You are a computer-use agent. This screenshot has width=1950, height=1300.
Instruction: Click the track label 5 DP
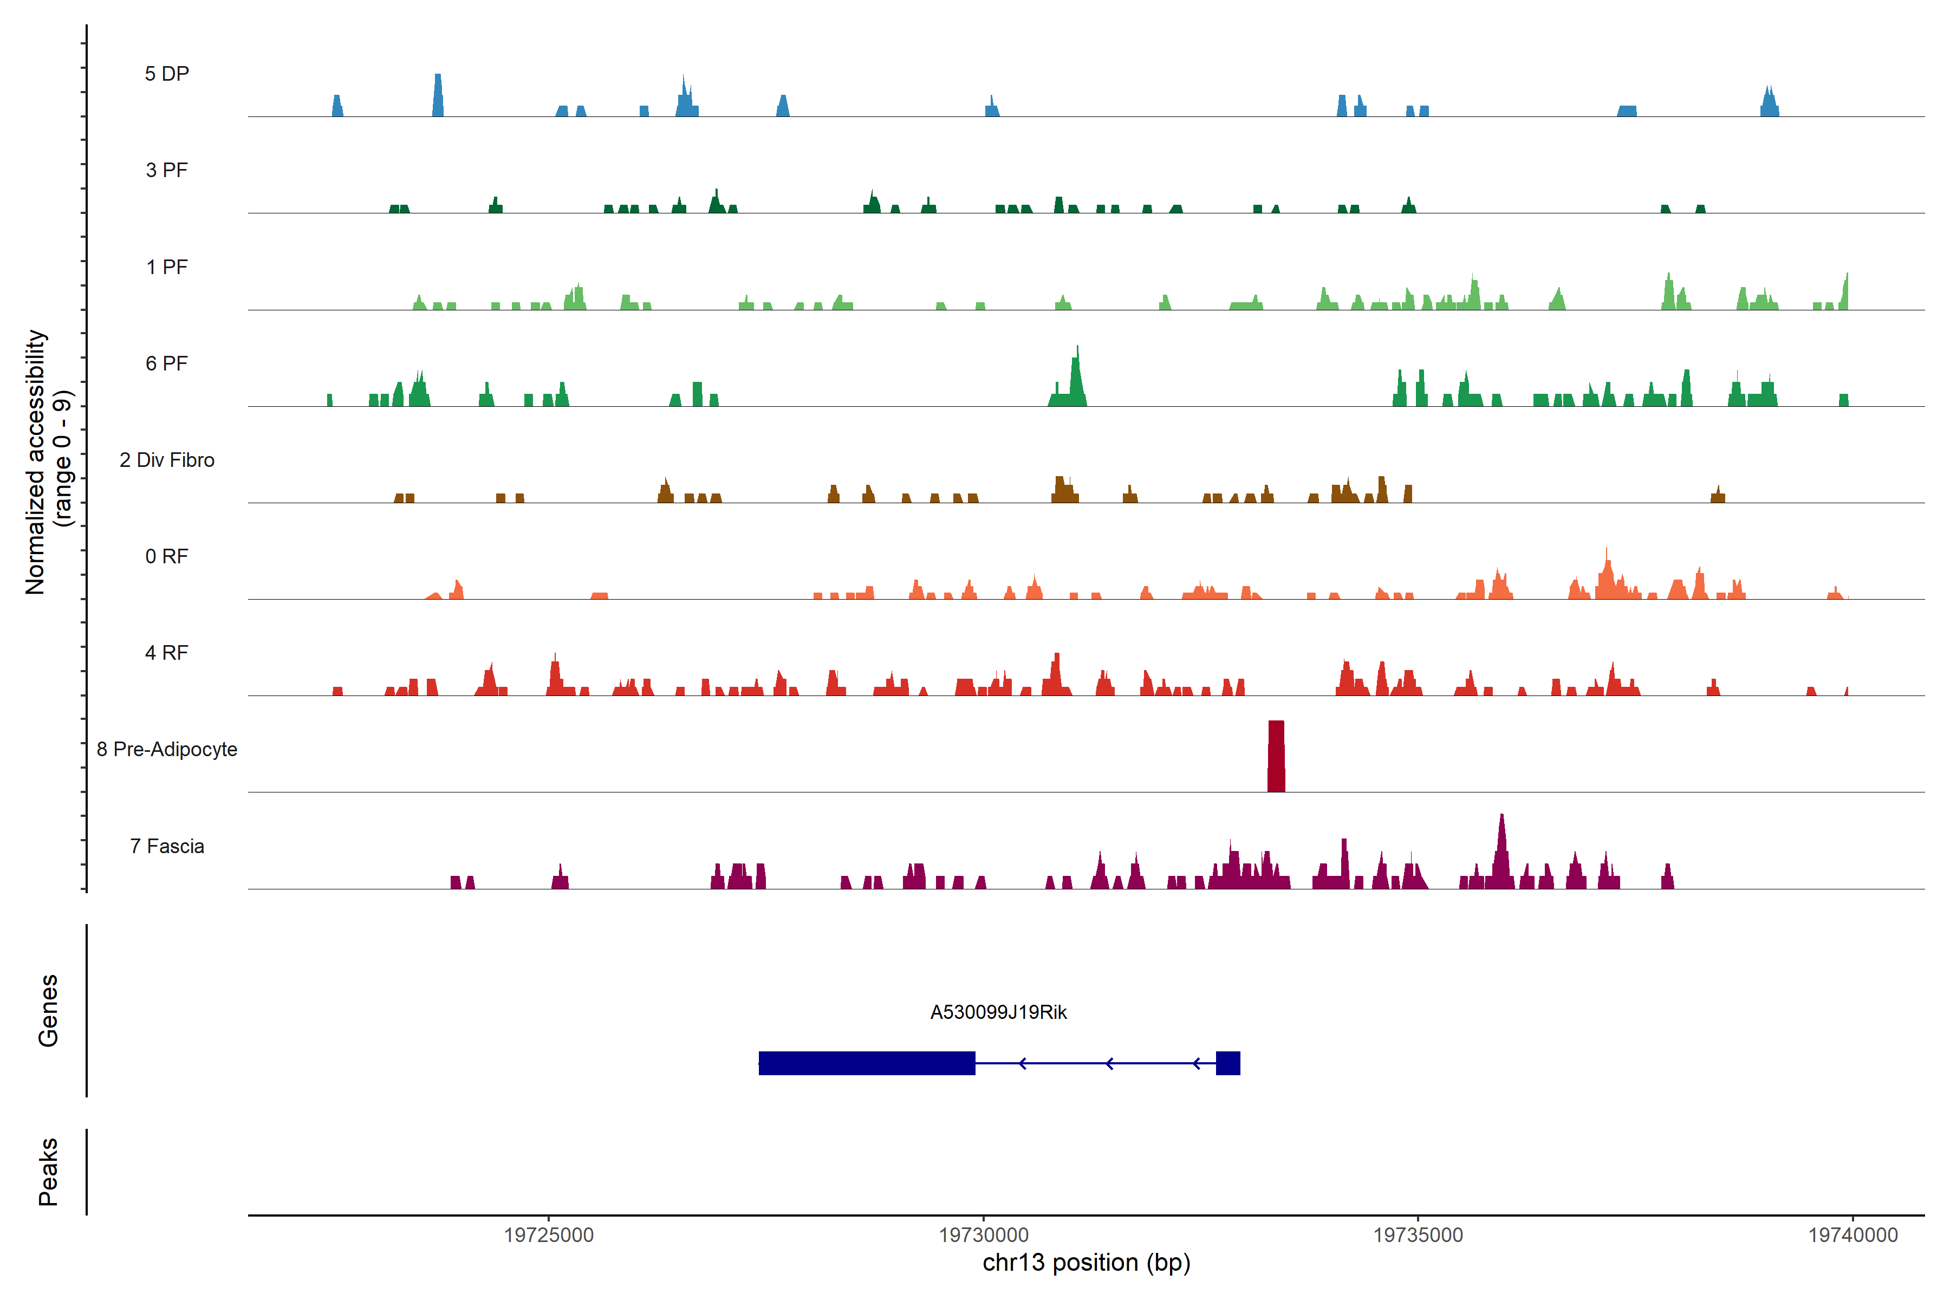167,74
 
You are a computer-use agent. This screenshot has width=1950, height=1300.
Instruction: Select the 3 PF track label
167,170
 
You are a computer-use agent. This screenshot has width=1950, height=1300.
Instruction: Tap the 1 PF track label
167,267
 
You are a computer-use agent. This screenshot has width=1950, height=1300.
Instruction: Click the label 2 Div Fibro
167,460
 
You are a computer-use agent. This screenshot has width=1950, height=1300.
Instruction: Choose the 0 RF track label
167,556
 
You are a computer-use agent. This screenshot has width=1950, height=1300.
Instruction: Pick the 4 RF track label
167,653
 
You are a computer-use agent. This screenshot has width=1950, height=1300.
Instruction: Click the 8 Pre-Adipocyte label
167,750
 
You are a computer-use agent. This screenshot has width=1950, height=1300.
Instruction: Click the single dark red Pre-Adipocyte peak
1276,756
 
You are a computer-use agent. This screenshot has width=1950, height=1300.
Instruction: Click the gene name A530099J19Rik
998,1012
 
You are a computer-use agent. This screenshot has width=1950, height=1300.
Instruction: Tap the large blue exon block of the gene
866,1063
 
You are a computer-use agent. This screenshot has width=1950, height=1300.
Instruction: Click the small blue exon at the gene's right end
1228,1063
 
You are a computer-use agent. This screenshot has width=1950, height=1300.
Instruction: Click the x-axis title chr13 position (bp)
1086,1263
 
